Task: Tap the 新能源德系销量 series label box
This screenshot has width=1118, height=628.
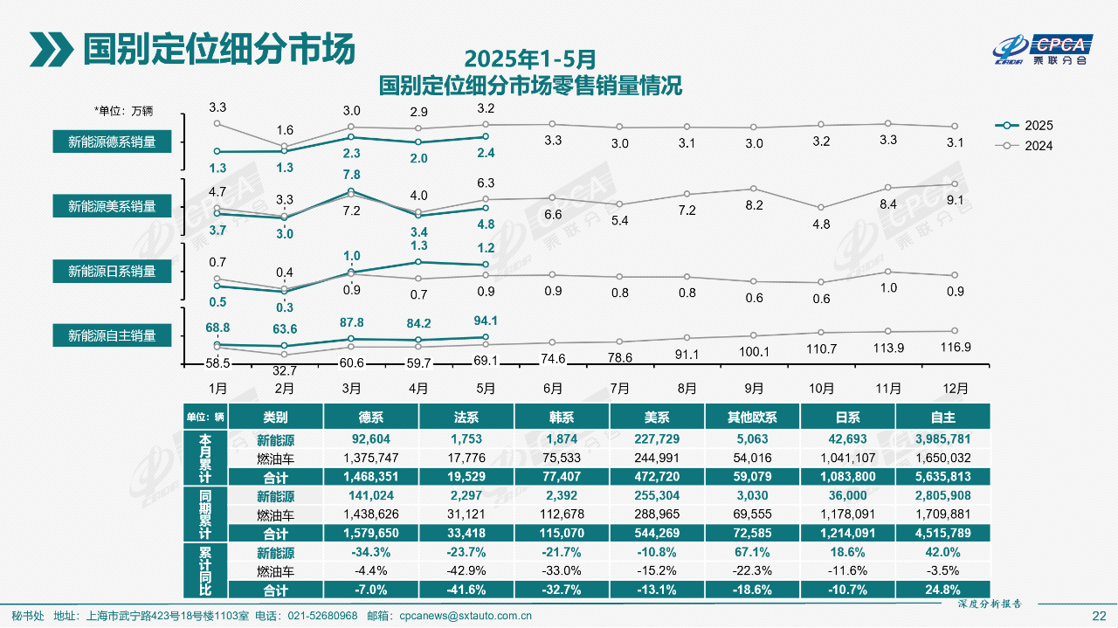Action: click(x=112, y=141)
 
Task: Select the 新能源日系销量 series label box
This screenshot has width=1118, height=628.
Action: click(x=112, y=272)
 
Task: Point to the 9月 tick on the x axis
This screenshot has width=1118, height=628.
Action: click(x=754, y=388)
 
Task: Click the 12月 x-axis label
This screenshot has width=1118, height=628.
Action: click(x=955, y=388)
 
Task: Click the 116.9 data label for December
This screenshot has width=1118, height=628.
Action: click(x=955, y=347)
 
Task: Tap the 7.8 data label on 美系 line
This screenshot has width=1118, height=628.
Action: click(x=351, y=175)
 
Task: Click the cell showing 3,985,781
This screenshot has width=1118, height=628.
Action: click(x=942, y=439)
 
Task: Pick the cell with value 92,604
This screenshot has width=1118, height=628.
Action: click(x=370, y=439)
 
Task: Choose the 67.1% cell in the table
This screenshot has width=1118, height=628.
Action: click(x=753, y=553)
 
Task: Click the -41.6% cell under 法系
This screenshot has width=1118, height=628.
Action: click(x=466, y=590)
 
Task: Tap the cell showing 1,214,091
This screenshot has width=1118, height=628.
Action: click(x=848, y=534)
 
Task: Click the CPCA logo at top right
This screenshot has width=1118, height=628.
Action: click(x=1045, y=51)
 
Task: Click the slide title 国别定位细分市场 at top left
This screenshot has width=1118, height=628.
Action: click(x=218, y=49)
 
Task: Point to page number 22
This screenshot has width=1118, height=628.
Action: click(x=1099, y=616)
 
